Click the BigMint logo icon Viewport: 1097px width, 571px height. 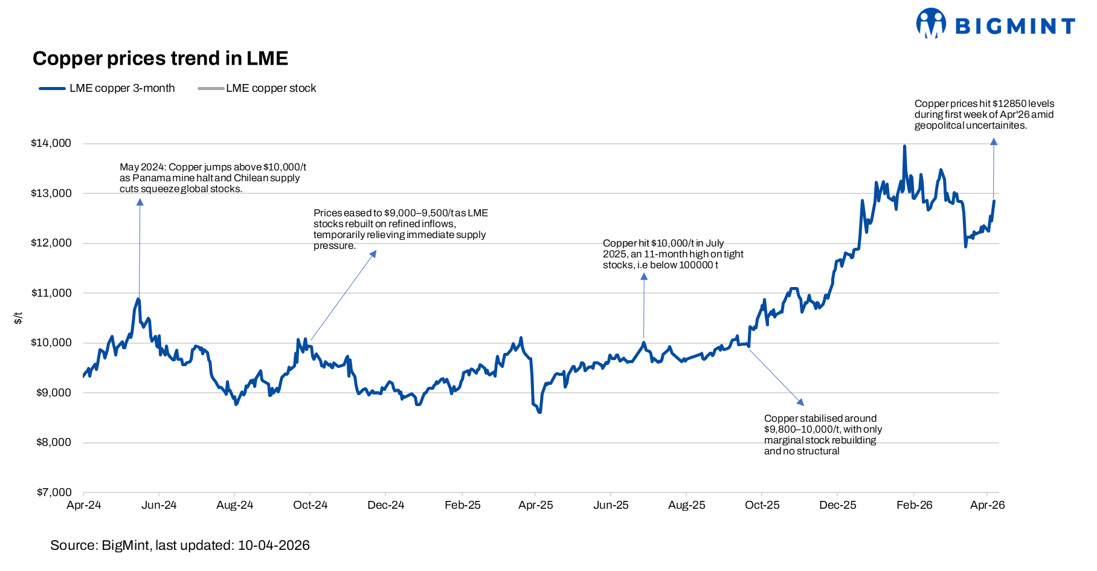pyautogui.click(x=930, y=24)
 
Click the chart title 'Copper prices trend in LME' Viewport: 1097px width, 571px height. pyautogui.click(x=160, y=59)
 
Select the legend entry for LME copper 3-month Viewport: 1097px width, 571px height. pyautogui.click(x=108, y=88)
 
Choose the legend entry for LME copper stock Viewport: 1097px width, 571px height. pyautogui.click(x=257, y=88)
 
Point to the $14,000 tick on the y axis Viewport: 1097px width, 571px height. pyautogui.click(x=51, y=143)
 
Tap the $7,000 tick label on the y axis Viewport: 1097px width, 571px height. pyautogui.click(x=54, y=492)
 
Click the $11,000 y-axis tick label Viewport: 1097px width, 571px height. pyautogui.click(x=51, y=293)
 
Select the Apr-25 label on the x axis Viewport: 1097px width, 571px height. pyautogui.click(x=535, y=505)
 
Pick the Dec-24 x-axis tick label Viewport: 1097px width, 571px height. pyautogui.click(x=385, y=505)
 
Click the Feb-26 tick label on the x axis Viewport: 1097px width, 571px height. pyautogui.click(x=914, y=505)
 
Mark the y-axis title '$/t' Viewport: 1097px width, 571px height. pyautogui.click(x=18, y=318)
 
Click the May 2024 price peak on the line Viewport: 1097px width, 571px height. pyautogui.click(x=138, y=299)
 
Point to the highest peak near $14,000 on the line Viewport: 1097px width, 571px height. pyautogui.click(x=904, y=146)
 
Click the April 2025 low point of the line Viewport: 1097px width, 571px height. pyautogui.click(x=539, y=412)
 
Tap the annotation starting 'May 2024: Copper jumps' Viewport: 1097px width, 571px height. pyautogui.click(x=213, y=178)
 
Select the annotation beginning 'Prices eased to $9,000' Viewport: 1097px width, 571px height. pyautogui.click(x=401, y=229)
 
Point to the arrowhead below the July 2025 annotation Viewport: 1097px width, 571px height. pyautogui.click(x=644, y=277)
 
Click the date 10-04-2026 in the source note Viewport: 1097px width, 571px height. pyautogui.click(x=274, y=546)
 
